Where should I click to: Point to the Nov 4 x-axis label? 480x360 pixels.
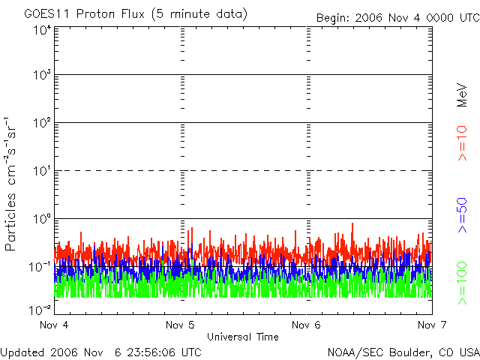tap(54, 325)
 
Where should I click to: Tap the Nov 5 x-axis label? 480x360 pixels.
tap(180, 325)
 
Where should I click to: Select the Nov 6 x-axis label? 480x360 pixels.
tap(306, 325)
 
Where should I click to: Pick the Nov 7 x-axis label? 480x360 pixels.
tap(432, 325)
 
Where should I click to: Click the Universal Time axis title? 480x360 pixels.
tap(243, 337)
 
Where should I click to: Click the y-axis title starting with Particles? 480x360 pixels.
tap(10, 184)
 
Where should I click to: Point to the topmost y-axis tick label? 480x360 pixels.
tap(42, 30)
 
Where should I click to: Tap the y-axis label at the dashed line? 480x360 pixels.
tap(42, 171)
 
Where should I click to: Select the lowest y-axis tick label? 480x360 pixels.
tap(40, 310)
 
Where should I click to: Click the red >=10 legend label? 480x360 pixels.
tap(462, 143)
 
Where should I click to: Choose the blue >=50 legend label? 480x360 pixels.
tap(462, 215)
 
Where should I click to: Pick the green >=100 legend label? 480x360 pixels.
tap(462, 283)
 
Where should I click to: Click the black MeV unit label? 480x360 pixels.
tap(462, 95)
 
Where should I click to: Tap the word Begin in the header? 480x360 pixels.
tap(332, 18)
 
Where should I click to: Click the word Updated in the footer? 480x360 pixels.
tap(22, 352)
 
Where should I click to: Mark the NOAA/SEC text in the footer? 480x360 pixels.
tap(355, 352)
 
